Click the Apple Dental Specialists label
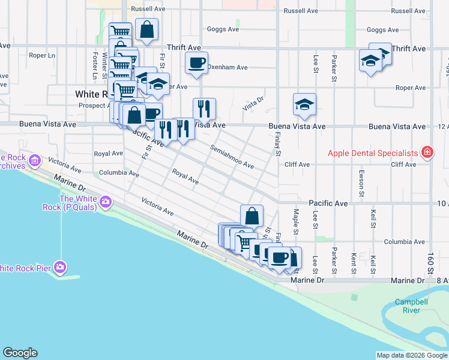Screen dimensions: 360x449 (x=372, y=152)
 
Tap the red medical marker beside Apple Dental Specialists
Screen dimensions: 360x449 (x=427, y=152)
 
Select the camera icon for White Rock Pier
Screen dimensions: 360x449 (x=59, y=266)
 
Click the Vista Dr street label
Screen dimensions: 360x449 (x=253, y=103)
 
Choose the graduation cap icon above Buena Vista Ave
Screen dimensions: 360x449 (x=304, y=104)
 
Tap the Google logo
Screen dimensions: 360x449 (x=20, y=353)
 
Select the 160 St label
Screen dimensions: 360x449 (x=431, y=262)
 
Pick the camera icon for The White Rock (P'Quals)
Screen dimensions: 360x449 (x=106, y=202)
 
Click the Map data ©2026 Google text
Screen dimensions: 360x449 (x=411, y=355)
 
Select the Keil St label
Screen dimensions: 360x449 (x=373, y=262)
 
